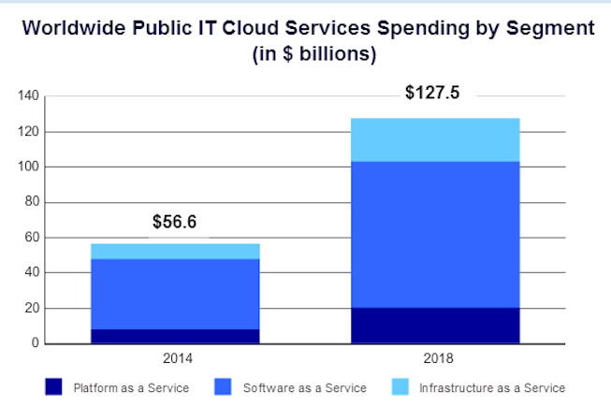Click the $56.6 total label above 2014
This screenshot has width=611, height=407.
(x=175, y=223)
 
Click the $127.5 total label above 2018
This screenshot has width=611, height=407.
(x=433, y=94)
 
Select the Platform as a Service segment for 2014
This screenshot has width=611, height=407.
(x=175, y=336)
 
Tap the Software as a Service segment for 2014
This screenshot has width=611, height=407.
(x=175, y=293)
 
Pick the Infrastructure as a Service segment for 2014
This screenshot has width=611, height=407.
(x=175, y=251)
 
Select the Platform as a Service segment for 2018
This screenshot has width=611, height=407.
(x=435, y=325)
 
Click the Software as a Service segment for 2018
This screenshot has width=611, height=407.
(x=435, y=234)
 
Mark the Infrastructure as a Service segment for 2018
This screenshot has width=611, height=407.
(x=435, y=139)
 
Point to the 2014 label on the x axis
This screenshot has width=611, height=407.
(x=175, y=357)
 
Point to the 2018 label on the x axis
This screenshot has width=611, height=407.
(x=435, y=357)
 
